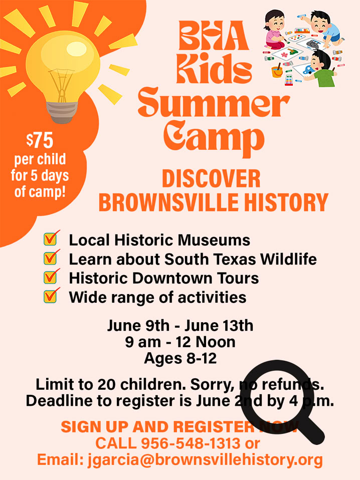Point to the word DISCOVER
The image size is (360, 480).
pyautogui.click(x=211, y=179)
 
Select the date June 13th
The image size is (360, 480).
pyautogui.click(x=219, y=326)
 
